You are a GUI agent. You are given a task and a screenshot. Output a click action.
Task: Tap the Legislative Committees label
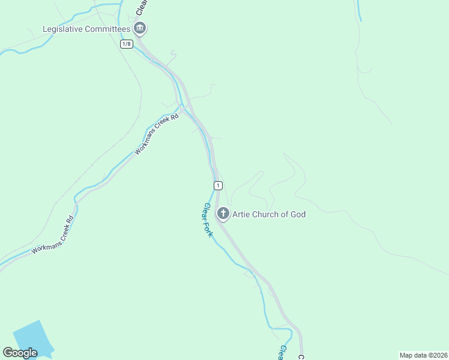[x=86, y=29]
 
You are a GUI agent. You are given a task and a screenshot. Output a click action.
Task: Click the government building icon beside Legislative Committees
[x=140, y=28]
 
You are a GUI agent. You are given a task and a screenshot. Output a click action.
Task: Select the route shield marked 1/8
[x=126, y=44]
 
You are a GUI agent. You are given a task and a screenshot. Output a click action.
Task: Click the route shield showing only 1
[x=218, y=185]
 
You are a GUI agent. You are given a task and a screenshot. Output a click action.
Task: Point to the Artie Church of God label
[x=269, y=214]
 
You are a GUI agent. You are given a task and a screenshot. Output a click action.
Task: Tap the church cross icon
[x=223, y=214]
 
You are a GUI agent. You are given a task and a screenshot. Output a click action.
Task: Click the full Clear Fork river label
[x=207, y=220]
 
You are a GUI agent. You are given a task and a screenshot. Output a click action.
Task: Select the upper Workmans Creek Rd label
[x=157, y=135]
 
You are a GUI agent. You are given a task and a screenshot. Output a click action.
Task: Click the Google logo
[x=20, y=353]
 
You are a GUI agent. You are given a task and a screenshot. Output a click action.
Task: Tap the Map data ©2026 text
[x=423, y=355]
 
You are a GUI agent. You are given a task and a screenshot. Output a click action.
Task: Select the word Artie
[x=243, y=214]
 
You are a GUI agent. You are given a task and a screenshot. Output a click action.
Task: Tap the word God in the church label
[x=297, y=214]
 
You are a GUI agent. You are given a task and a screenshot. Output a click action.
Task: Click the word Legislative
[x=63, y=29]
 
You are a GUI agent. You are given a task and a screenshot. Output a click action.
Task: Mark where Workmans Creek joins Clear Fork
[x=182, y=107]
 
